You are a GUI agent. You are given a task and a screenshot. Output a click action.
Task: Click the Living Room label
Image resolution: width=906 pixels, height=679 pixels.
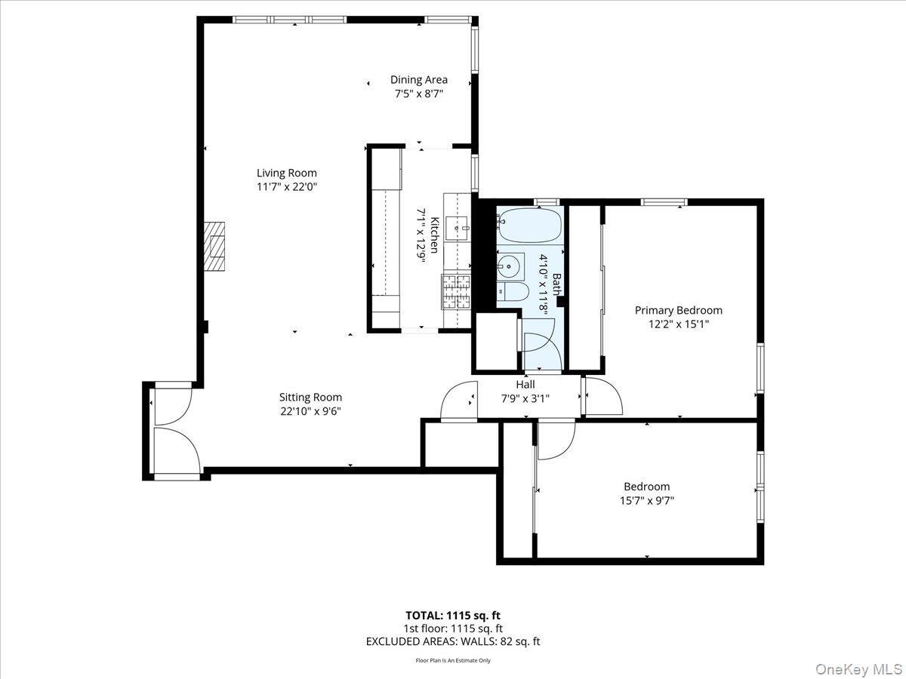coord(286,173)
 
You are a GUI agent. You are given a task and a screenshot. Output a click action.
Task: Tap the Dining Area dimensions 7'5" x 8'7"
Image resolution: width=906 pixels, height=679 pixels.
coord(418,94)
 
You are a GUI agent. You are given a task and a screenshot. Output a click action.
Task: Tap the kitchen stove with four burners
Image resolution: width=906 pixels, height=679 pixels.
coord(456,293)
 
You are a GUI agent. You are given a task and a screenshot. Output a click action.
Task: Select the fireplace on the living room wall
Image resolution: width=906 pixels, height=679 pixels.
coord(216,246)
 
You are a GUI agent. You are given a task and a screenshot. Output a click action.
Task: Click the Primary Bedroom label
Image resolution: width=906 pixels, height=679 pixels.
coord(678,310)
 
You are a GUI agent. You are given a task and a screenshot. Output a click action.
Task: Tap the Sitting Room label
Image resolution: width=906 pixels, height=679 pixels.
coord(310,397)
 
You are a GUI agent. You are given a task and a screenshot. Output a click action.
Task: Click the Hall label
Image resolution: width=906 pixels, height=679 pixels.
coord(525,384)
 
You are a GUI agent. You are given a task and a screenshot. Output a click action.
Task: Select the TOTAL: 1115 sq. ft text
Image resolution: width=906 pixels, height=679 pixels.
coord(453,615)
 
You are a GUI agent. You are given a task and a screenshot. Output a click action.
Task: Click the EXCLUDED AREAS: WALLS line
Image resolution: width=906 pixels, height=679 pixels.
coord(453,641)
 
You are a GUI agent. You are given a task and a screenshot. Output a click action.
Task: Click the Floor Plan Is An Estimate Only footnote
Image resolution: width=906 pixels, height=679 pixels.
coord(453,661)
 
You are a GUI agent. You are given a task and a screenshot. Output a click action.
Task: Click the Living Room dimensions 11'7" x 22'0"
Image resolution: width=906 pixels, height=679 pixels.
coord(286,186)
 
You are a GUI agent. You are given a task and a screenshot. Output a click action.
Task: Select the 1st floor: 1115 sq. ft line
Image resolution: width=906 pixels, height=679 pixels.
coord(453,628)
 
